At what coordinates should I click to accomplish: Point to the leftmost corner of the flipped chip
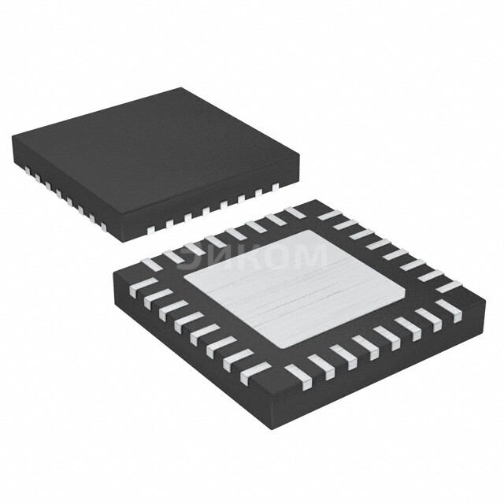click(113, 272)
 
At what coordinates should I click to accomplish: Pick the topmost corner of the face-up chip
click(183, 87)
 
